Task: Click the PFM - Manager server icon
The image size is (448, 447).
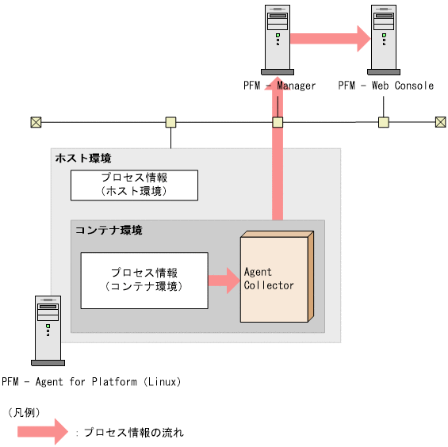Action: tap(278, 37)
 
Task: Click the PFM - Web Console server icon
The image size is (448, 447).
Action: tap(385, 37)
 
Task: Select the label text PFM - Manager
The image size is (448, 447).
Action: tap(280, 86)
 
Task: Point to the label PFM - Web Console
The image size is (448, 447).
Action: tap(385, 86)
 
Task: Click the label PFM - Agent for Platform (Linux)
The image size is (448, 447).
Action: tap(91, 382)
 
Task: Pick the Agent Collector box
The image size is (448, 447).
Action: tap(275, 277)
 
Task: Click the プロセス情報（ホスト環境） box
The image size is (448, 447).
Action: tap(133, 185)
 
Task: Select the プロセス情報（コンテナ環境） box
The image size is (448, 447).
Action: tap(144, 280)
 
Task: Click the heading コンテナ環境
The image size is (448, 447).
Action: tap(109, 230)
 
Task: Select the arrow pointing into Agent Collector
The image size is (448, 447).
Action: tap(224, 280)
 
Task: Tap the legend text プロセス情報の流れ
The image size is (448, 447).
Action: tap(134, 433)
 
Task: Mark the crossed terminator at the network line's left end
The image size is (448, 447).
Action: tap(36, 122)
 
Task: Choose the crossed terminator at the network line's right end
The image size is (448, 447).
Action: tap(441, 122)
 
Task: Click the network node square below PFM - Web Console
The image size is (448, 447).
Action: tap(384, 122)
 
